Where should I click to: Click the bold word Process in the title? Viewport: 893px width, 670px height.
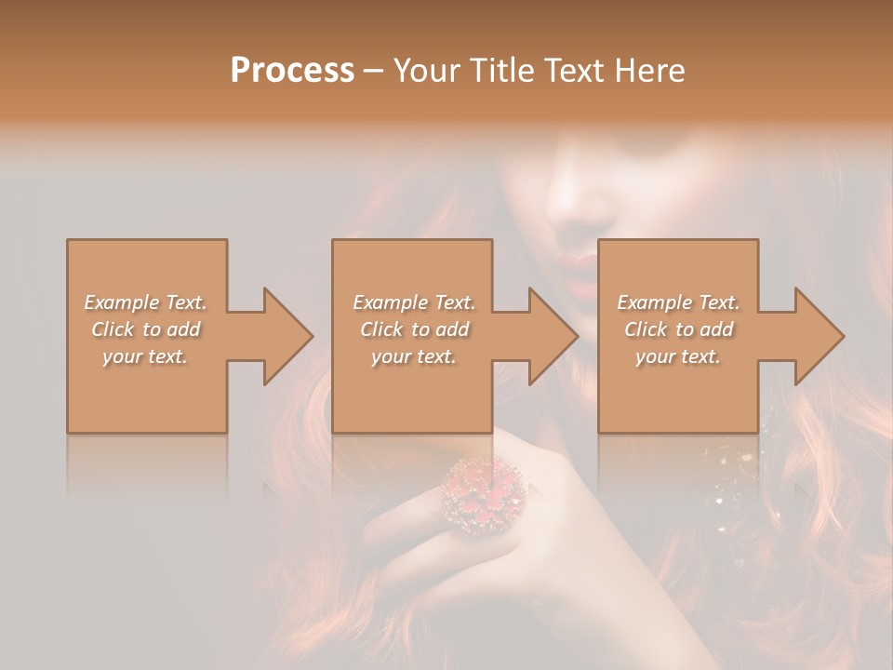(292, 71)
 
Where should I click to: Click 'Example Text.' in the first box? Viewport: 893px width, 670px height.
(146, 302)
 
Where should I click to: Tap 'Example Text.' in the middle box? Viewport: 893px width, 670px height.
(414, 302)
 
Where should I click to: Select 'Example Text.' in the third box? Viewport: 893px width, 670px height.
(678, 302)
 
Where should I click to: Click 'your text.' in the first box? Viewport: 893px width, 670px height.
(145, 356)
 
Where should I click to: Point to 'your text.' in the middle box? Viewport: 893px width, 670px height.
(413, 356)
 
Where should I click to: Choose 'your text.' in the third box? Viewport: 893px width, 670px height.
(677, 356)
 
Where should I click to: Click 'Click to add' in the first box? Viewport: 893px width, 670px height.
(146, 329)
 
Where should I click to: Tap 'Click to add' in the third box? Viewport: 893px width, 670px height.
(679, 329)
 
